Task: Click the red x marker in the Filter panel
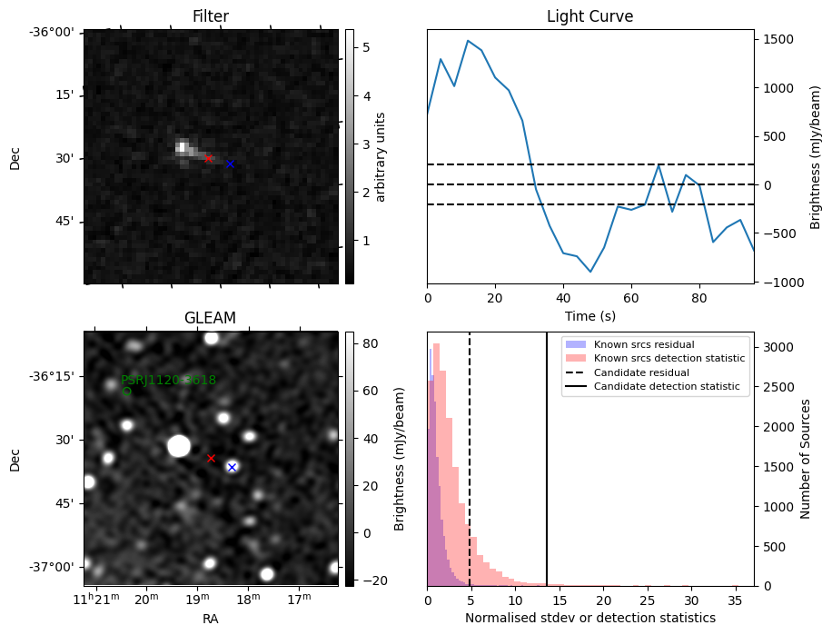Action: point(208,158)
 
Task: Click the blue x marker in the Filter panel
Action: point(230,164)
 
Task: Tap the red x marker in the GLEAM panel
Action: point(212,459)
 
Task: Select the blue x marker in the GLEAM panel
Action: point(232,467)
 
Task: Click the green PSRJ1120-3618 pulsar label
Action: point(168,381)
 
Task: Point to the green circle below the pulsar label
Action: point(126,392)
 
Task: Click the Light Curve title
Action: point(589,16)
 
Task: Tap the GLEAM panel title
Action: point(210,318)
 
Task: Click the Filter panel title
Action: point(210,16)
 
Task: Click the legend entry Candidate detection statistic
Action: point(666,387)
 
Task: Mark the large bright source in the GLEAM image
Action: point(179,446)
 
